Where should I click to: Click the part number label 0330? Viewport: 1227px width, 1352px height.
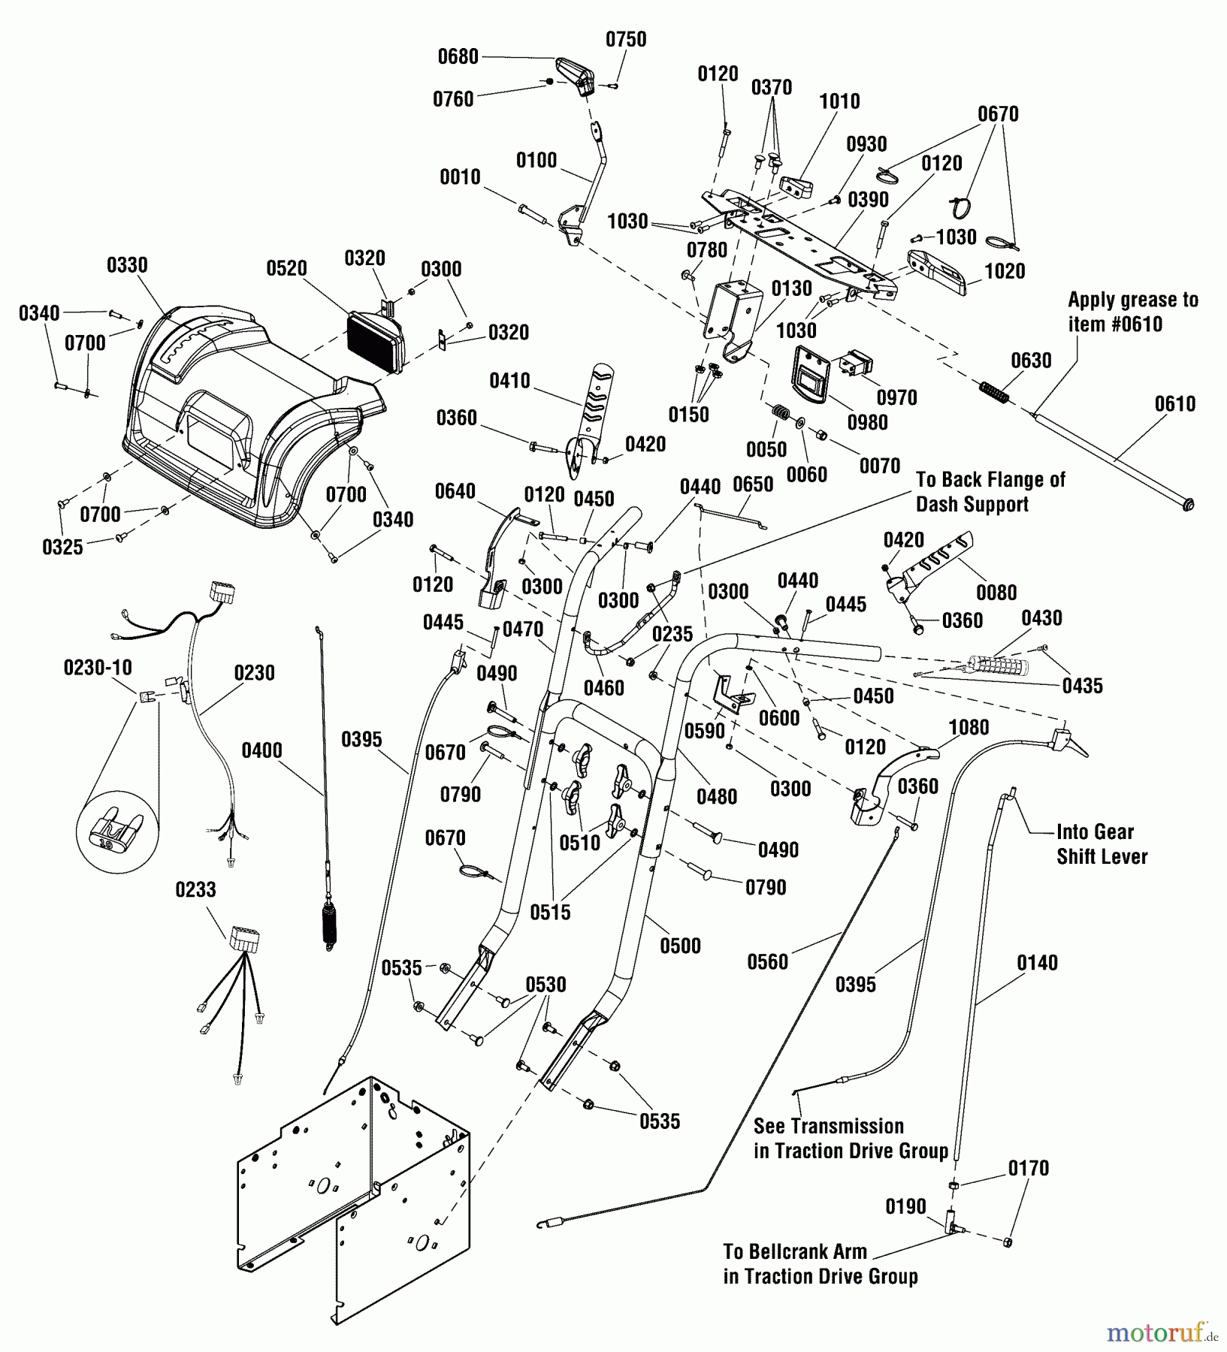coord(127,265)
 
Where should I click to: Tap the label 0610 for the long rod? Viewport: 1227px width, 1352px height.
coord(1174,404)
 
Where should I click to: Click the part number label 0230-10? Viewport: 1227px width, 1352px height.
coord(98,667)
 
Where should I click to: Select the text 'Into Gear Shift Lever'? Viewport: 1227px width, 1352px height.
coord(1102,843)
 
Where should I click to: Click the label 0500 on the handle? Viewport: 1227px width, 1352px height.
coord(680,946)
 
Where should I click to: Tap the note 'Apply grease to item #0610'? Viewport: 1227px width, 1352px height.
coord(1132,312)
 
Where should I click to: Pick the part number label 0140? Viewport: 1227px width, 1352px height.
coord(1037,963)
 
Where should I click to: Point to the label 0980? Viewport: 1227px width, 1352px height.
coord(867,422)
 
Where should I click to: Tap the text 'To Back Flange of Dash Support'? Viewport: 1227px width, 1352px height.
coord(990,491)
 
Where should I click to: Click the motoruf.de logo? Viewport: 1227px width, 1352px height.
coord(1163,1333)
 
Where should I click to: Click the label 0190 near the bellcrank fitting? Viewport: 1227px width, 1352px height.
coord(905,1207)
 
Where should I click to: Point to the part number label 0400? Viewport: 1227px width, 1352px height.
coord(261,750)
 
